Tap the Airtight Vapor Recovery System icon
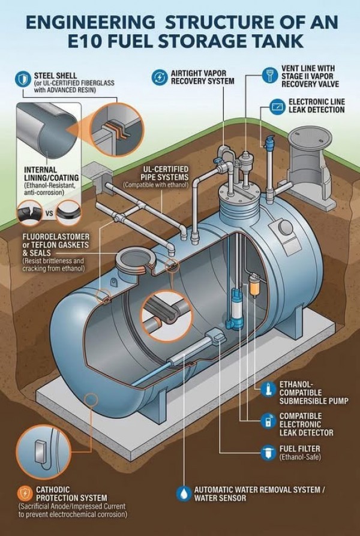point(159,77)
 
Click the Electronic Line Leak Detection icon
point(277,107)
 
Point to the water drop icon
point(184,493)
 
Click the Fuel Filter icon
point(268,452)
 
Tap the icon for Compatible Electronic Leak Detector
point(268,420)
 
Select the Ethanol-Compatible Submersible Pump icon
point(268,389)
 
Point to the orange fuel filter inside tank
point(254,286)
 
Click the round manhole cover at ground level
point(310,137)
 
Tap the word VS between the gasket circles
point(49,213)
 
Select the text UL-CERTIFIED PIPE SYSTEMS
point(164,173)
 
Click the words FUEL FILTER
point(300,448)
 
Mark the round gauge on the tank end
point(286,228)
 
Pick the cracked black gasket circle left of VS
point(29,213)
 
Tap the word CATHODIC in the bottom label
point(53,490)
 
